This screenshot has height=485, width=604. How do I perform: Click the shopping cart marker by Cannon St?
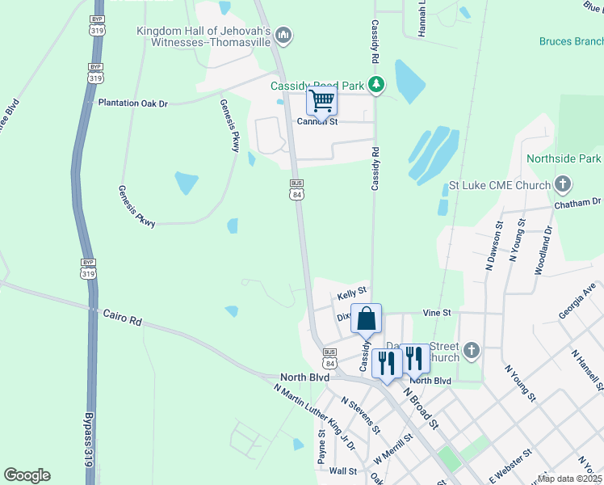[321, 103]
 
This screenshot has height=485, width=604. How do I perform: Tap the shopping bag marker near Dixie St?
[366, 319]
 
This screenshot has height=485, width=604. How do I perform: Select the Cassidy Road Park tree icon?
[375, 84]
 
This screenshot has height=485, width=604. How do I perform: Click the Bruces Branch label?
[571, 41]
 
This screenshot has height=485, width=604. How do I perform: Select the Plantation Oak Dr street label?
[133, 103]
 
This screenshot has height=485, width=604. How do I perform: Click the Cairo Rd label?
[122, 317]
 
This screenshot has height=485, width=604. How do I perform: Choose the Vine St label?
[436, 312]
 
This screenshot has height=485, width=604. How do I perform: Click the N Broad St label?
[420, 410]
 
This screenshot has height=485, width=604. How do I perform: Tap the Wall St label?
[343, 470]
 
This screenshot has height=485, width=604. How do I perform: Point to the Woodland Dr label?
[542, 251]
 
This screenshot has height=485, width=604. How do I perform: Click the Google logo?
[27, 475]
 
